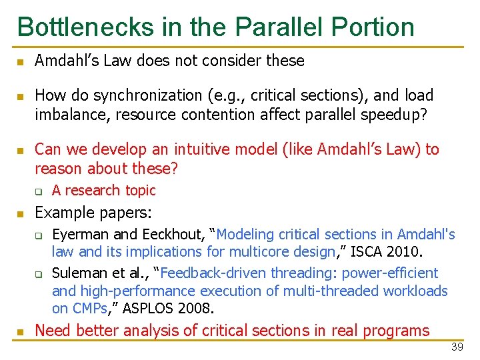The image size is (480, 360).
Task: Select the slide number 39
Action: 457,347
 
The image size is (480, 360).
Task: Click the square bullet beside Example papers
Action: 21,214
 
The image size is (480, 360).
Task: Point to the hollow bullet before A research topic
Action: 39,191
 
